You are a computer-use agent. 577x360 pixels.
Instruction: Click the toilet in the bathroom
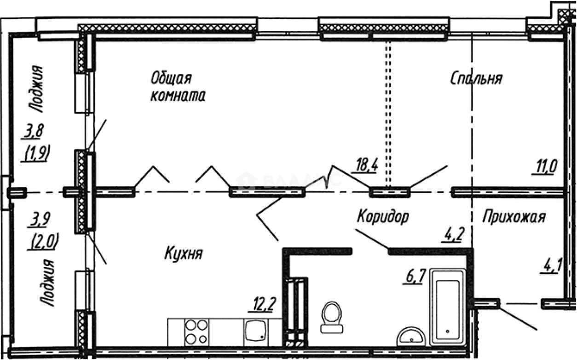coord(332,317)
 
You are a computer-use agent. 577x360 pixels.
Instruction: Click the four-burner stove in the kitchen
coord(196,331)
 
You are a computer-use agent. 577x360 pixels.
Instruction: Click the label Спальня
coord(476,79)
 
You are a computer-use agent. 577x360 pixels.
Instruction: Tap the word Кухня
coord(184,254)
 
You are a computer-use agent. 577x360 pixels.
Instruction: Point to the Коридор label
coord(383,217)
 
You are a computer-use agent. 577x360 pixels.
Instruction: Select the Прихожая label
coord(514,217)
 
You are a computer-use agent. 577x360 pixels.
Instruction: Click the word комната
coord(178,96)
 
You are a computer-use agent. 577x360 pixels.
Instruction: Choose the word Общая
coord(171,78)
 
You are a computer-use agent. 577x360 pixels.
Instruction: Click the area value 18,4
coord(367,164)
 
